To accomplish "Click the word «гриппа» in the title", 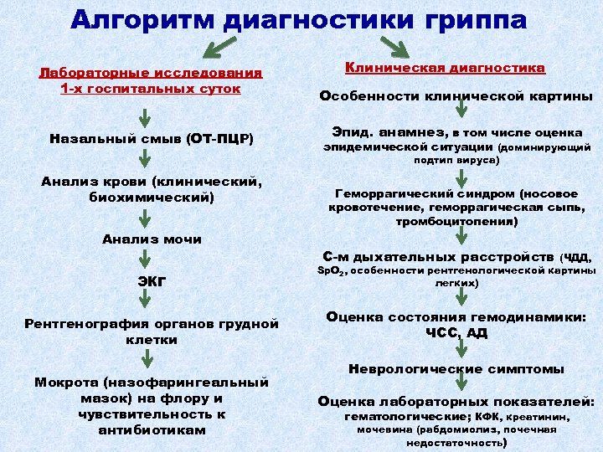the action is (x=476, y=21).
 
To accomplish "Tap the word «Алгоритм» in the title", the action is (x=142, y=20).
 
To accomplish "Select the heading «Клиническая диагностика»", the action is (x=445, y=68).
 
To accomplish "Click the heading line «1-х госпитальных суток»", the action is (x=151, y=89).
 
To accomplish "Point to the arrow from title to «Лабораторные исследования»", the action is (x=219, y=47).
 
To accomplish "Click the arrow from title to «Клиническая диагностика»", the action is (x=395, y=47).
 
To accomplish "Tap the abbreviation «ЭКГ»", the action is (x=152, y=282).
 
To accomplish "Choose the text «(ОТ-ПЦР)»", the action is (x=220, y=139).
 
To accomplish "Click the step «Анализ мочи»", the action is (x=152, y=239).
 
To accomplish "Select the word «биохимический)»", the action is (x=152, y=198).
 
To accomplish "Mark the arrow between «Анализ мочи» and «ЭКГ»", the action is (x=145, y=259).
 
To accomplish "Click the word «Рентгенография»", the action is (x=87, y=324).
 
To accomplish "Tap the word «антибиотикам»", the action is (x=152, y=429).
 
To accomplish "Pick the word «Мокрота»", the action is (x=66, y=383).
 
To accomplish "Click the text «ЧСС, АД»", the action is (x=456, y=333).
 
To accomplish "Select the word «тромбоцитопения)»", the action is (x=457, y=222).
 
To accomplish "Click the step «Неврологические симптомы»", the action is (x=456, y=369).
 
